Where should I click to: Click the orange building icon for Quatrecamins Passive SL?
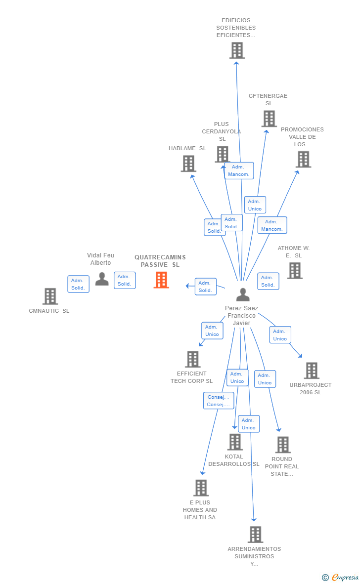161,280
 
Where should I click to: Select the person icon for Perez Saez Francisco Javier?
243,294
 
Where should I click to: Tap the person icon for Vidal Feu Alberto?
102,279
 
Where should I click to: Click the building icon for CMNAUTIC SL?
50,296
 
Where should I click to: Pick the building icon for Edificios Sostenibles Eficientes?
237,50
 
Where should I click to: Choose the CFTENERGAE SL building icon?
269,119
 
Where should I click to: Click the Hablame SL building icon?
188,164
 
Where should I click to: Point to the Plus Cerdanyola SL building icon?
223,155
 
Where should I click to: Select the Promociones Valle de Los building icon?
304,160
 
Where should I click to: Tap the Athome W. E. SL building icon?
295,271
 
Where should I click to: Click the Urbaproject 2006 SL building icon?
312,371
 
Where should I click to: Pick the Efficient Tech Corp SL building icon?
193,359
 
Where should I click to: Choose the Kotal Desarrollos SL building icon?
235,442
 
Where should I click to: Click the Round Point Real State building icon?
283,445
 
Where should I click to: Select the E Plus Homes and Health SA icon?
201,488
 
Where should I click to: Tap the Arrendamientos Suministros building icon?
255,535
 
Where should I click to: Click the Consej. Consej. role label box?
219,401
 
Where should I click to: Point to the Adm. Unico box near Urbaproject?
280,335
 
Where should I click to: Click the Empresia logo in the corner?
341,577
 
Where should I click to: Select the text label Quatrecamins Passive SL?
160,261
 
